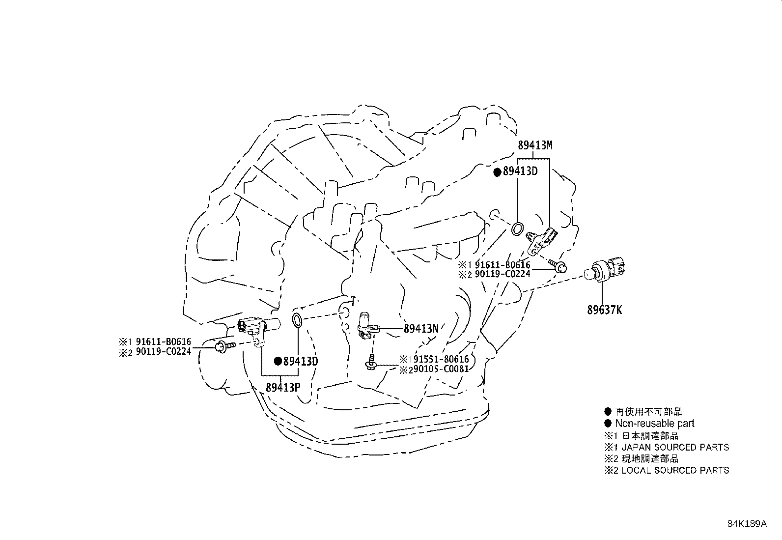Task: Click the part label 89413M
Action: tap(535, 145)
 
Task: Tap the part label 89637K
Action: tap(604, 310)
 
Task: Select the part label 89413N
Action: tap(421, 329)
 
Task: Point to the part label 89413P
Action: tap(283, 387)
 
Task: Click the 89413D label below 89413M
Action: tap(520, 171)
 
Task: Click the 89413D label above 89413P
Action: tap(301, 361)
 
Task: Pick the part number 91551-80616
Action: tap(442, 359)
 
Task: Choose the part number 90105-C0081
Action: tap(442, 369)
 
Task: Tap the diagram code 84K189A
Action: tap(747, 524)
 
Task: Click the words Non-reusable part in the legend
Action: tap(655, 424)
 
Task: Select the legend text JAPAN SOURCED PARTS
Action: tap(675, 448)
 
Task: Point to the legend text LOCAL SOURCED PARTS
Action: tap(675, 471)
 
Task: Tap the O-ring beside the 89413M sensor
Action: tap(517, 229)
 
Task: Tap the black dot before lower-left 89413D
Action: tap(278, 361)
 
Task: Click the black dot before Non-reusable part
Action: tap(608, 424)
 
